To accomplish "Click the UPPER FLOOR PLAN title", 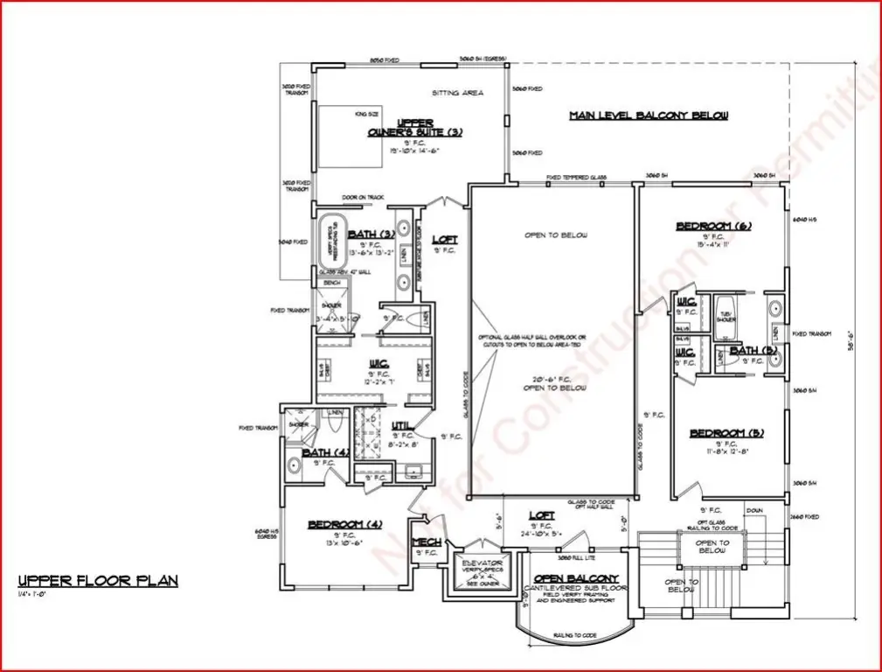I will click(x=98, y=580).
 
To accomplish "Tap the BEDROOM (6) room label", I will click(x=713, y=227).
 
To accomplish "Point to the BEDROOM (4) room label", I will click(x=345, y=525).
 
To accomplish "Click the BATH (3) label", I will click(x=372, y=234).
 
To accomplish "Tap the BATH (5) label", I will click(x=754, y=351).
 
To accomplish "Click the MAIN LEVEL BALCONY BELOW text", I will click(x=649, y=115).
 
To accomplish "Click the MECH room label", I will click(x=426, y=542).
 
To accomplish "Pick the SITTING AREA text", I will click(x=458, y=93).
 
